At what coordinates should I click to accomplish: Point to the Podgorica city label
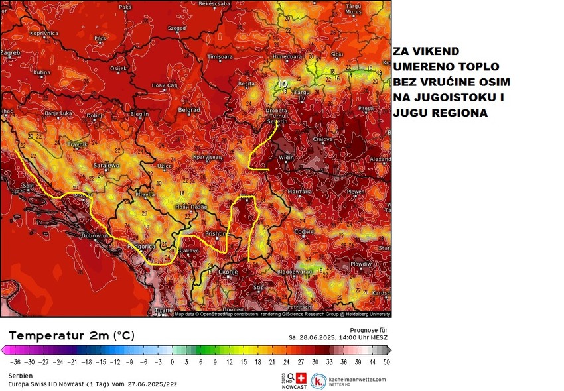point(141,247)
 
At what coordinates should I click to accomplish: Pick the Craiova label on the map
point(322,139)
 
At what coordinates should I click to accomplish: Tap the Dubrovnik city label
point(82,235)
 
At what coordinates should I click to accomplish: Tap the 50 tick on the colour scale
point(386,362)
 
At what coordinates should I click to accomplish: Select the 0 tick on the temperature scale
point(172,362)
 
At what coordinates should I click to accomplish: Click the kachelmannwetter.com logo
point(349,381)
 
